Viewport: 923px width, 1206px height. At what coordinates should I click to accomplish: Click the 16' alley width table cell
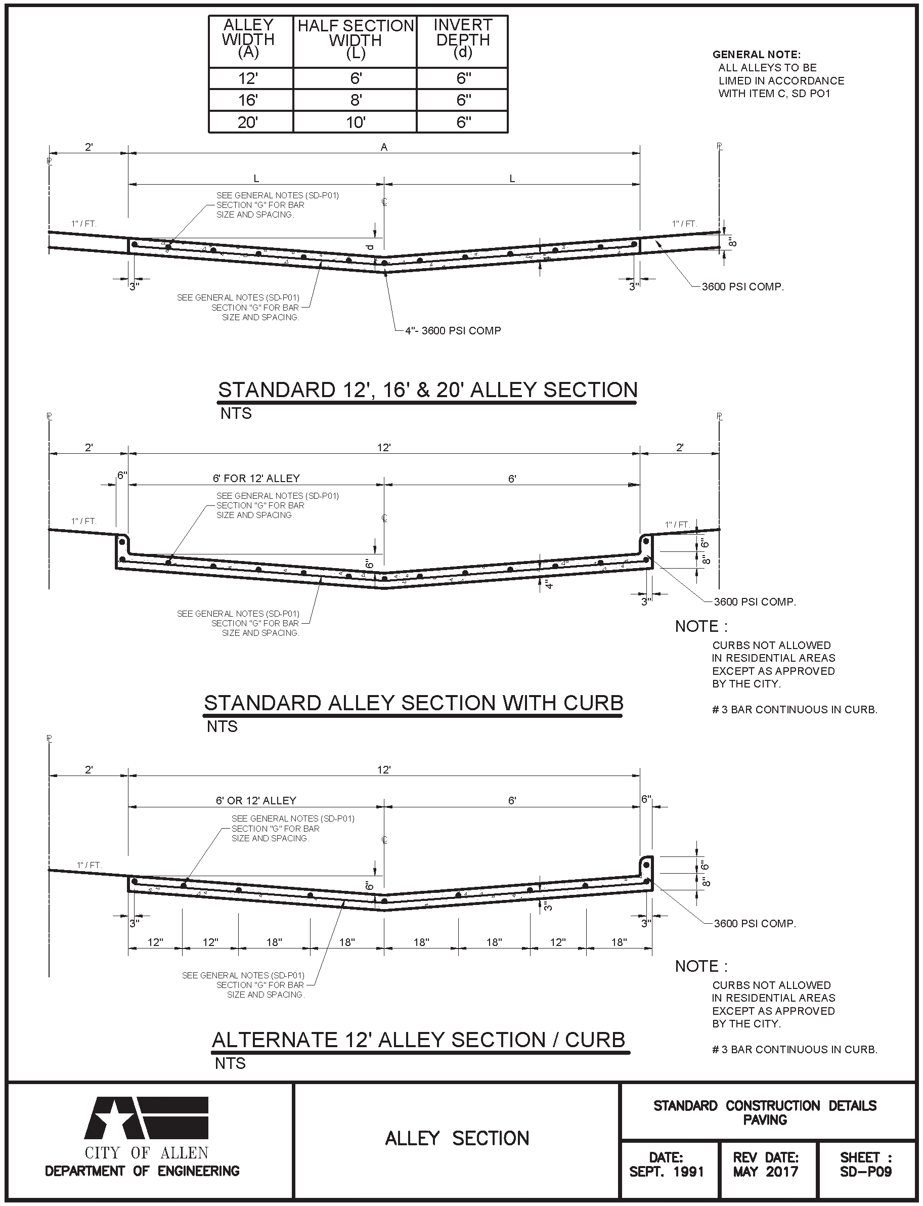(x=248, y=101)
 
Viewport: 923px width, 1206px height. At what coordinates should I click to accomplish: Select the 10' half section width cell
(x=356, y=122)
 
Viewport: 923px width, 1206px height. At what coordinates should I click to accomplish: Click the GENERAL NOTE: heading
(x=756, y=55)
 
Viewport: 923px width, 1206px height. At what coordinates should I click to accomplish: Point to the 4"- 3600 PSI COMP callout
(x=453, y=331)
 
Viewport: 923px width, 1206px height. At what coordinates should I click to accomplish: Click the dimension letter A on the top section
(x=384, y=147)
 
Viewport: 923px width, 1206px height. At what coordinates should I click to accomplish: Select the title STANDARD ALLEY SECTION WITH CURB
(x=413, y=703)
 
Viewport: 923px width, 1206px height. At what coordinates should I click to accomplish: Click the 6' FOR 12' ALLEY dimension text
(x=256, y=479)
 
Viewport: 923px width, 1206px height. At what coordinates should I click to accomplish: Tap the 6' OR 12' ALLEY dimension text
(x=255, y=800)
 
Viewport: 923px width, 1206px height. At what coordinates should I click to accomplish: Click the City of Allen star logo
(x=146, y=1117)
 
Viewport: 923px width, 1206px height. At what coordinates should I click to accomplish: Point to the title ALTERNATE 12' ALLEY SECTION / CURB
(x=419, y=1040)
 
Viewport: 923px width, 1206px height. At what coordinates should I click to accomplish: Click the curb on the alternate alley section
(x=647, y=868)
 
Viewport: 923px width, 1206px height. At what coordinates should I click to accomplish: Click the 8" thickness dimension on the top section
(x=732, y=242)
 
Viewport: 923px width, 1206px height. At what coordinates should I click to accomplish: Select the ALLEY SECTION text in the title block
(x=457, y=1138)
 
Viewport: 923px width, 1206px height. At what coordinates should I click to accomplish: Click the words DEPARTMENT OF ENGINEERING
(x=142, y=1171)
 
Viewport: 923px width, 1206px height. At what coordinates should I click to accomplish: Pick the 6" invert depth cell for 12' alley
(x=463, y=78)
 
